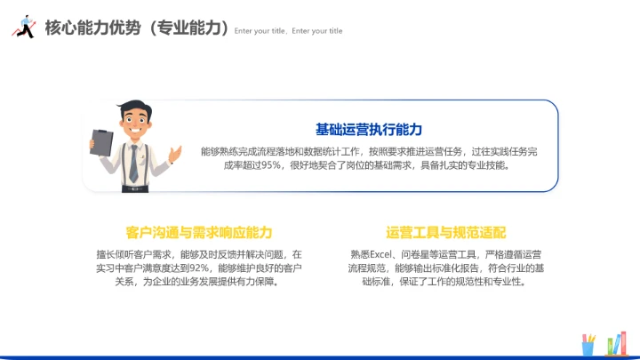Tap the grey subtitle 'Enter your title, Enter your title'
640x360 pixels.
pos(288,31)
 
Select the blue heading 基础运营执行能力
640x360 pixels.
pos(368,130)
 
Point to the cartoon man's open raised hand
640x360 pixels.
pos(176,154)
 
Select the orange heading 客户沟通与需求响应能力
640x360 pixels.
pos(199,233)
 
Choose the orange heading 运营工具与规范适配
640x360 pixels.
pos(445,233)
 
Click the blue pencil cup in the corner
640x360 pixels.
pos(588,348)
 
